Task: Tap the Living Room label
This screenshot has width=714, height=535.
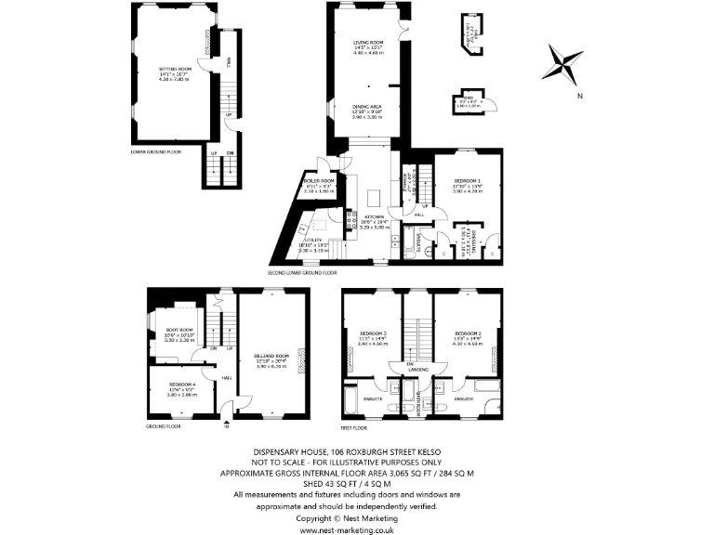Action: pos(369,43)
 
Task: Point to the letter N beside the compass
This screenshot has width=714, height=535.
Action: pos(578,96)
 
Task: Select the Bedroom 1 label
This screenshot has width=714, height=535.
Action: pos(467,181)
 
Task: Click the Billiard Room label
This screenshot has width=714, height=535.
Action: pos(271,356)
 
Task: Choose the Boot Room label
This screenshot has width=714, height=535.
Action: pos(178,329)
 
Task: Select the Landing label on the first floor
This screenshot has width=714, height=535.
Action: pos(418,369)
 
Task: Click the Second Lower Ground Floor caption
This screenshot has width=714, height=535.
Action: pos(303,274)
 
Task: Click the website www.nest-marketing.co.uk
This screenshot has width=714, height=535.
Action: pos(356,529)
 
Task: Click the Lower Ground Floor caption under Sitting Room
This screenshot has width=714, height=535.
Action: pos(156,150)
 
